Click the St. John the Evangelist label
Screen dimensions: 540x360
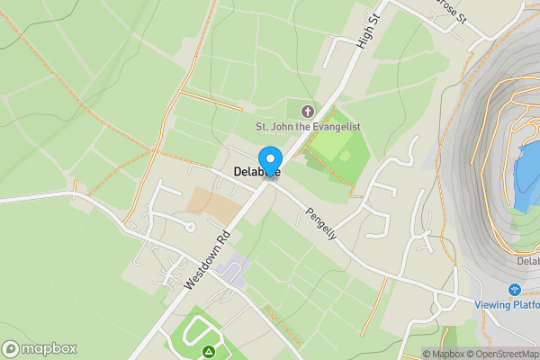(309, 127)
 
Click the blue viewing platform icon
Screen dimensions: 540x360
(515, 290)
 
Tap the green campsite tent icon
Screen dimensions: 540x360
(210, 350)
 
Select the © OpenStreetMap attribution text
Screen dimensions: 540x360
(502, 354)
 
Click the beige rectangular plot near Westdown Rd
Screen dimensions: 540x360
(214, 206)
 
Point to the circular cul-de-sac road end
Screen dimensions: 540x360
(190, 227)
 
